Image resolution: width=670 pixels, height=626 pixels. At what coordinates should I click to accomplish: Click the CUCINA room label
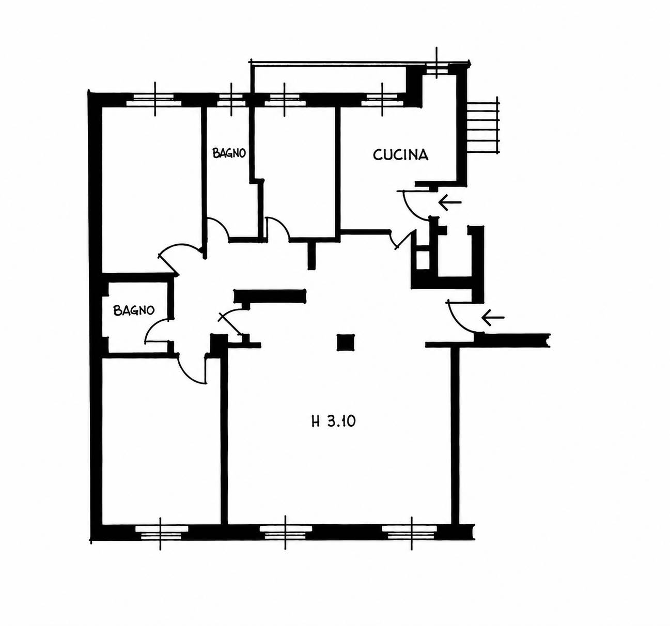(x=400, y=155)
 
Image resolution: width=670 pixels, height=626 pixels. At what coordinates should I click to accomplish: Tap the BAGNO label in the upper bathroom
(x=229, y=153)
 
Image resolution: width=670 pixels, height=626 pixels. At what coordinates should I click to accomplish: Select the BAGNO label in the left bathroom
(x=134, y=310)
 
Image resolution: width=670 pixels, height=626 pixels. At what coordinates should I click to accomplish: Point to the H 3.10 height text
(x=334, y=421)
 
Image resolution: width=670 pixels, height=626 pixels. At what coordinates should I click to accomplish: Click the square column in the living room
(x=346, y=342)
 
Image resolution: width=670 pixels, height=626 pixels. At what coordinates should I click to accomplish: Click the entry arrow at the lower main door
(x=493, y=318)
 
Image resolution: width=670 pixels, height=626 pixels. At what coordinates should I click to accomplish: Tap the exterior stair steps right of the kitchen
(x=484, y=125)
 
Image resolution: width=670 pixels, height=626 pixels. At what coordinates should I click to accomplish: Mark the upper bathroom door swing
(x=219, y=227)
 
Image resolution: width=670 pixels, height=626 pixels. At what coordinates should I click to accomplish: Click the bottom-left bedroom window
(x=160, y=533)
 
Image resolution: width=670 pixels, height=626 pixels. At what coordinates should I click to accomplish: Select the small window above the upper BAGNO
(x=231, y=100)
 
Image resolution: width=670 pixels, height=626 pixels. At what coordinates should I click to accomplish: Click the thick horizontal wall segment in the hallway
(x=270, y=296)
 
